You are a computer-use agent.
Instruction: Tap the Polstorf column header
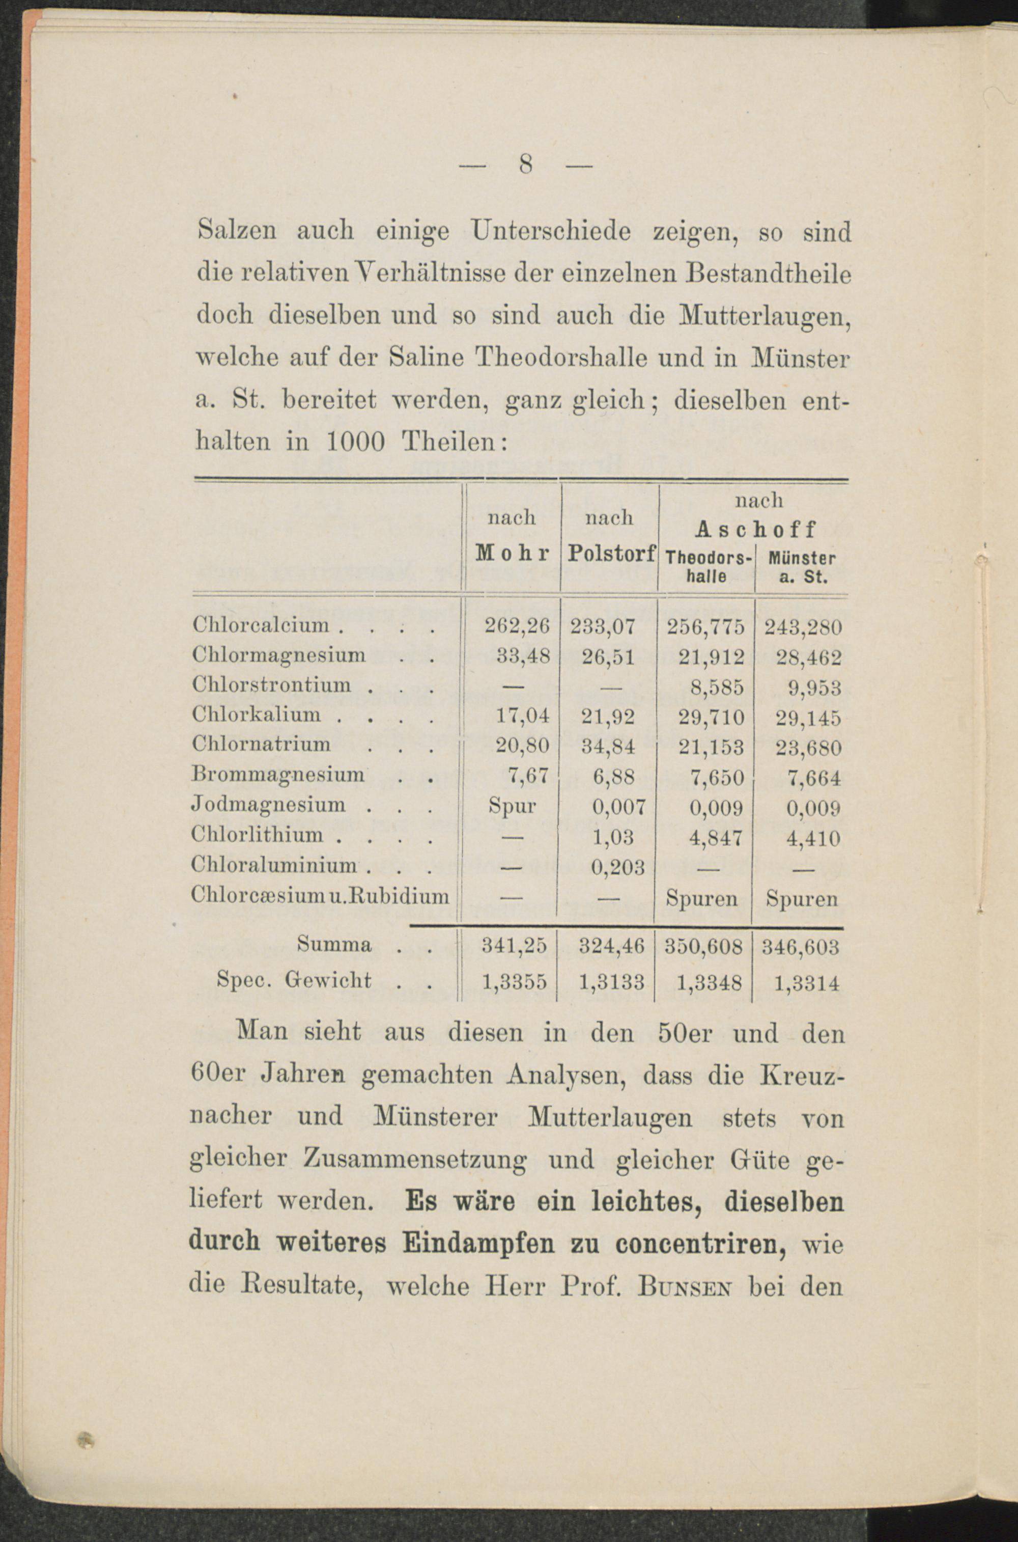(611, 554)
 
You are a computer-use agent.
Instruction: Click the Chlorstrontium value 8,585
(717, 686)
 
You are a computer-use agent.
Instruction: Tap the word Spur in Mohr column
(512, 806)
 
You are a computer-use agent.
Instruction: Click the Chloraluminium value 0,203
(617, 866)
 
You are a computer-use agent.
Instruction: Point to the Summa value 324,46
(612, 947)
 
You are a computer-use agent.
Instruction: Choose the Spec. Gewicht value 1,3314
(806, 983)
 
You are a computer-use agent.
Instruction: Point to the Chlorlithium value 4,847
(716, 837)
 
